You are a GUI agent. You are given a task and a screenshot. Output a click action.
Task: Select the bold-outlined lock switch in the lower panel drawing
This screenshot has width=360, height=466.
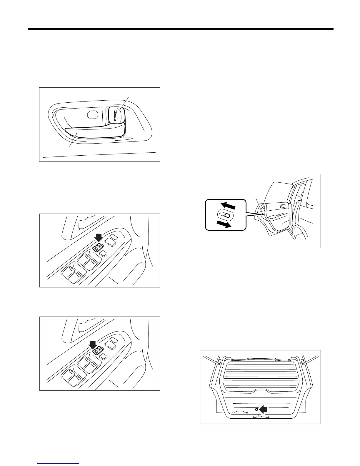pos(97,350)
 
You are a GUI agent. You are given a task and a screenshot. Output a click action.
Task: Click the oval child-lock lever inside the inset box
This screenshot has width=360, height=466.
pos(225,215)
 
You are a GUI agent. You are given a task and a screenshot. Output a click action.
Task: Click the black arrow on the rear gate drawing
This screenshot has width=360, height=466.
pos(264,409)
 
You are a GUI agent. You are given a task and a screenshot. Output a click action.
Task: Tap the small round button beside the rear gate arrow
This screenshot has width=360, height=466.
pos(256,409)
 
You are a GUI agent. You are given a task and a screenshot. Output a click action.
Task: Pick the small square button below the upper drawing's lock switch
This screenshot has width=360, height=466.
pos(103,254)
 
